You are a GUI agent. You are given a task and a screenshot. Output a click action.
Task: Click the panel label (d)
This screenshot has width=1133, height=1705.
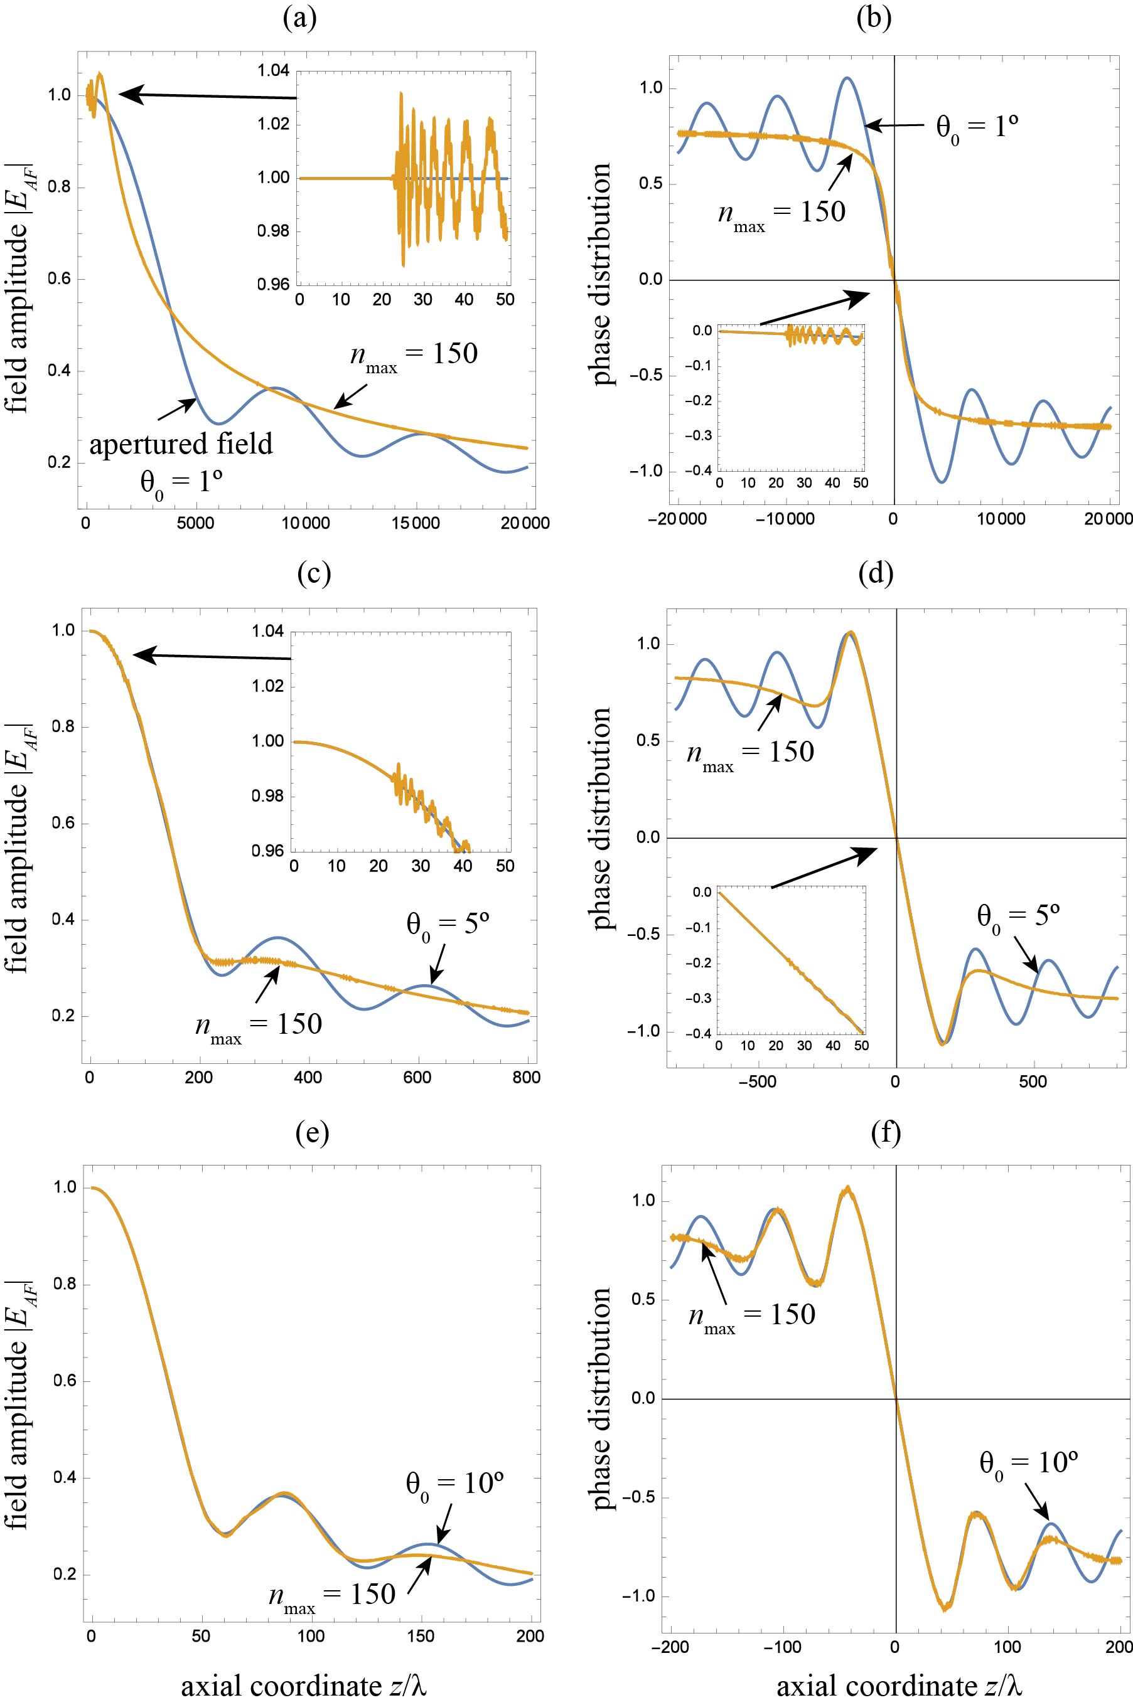pos(876,573)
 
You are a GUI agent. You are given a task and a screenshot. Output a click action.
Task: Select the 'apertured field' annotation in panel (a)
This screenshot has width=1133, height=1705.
pos(181,444)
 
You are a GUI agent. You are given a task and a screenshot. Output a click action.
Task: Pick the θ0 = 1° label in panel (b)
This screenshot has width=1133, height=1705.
pos(977,130)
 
